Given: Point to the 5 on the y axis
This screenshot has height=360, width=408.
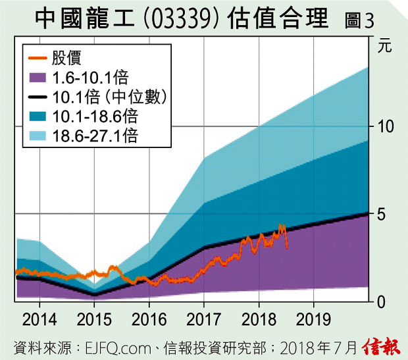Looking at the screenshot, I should tap(384, 213).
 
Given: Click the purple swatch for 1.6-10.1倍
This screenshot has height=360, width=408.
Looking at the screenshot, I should tap(37, 78).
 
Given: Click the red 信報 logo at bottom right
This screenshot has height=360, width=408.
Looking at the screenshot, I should tap(381, 344).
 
